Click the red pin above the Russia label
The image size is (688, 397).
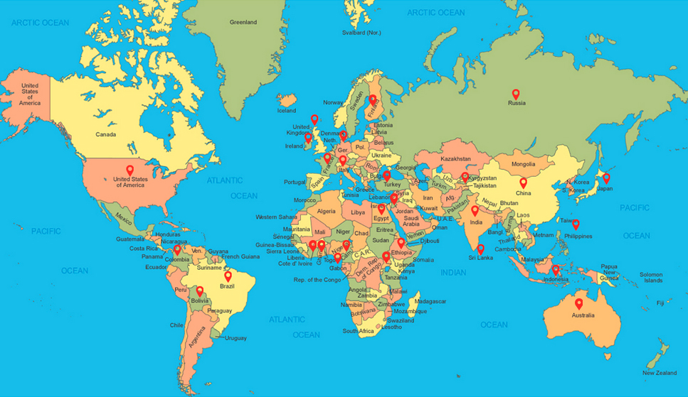(516, 94)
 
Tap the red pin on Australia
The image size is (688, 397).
(578, 303)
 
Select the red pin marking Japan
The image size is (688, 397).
(606, 178)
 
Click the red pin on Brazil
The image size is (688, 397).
(228, 276)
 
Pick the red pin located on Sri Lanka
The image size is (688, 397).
(481, 249)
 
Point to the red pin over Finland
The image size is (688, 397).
(372, 99)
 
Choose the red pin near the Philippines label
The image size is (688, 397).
(576, 224)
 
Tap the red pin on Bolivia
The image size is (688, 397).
(200, 290)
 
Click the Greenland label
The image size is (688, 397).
(243, 22)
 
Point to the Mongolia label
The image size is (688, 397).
(523, 164)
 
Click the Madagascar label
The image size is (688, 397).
(429, 301)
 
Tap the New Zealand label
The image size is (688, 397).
(660, 373)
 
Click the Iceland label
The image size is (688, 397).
(287, 111)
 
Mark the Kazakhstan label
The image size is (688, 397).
(455, 158)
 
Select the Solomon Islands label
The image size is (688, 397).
(650, 277)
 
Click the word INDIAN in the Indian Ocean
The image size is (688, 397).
(453, 272)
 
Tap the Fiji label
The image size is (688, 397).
(660, 303)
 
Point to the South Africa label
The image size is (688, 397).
(359, 331)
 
